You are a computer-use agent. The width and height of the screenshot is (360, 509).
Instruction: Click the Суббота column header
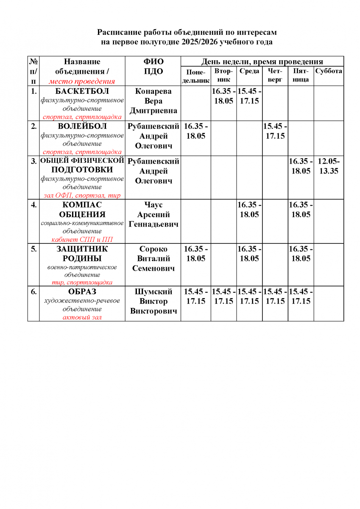click(x=329, y=71)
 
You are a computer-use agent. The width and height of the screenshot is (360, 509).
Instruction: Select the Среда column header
click(x=249, y=71)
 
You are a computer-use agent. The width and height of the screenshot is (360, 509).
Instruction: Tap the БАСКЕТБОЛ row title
click(x=82, y=91)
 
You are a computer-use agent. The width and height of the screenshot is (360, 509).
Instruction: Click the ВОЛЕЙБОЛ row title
click(x=82, y=126)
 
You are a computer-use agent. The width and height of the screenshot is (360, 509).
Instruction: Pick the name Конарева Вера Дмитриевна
click(x=153, y=101)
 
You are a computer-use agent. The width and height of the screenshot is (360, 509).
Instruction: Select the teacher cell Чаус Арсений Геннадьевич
click(x=153, y=214)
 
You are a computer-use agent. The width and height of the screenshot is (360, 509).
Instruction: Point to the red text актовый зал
click(x=82, y=317)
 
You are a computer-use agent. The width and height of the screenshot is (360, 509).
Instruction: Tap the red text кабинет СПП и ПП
click(x=82, y=239)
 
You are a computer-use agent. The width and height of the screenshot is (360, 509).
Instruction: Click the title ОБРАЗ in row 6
click(x=82, y=292)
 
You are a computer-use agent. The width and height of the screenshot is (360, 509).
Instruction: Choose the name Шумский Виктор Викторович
click(x=153, y=302)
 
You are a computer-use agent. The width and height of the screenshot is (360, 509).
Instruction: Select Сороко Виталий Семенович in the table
click(x=153, y=258)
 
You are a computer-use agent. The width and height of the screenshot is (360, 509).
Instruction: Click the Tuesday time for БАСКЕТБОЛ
click(x=223, y=96)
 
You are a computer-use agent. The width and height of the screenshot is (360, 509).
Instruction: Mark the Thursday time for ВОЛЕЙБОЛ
click(x=275, y=131)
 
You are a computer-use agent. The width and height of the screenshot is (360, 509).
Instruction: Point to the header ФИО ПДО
click(x=153, y=66)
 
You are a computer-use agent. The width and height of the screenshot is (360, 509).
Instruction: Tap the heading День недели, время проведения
click(x=262, y=62)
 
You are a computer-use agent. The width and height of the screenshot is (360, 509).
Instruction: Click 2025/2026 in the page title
click(x=199, y=42)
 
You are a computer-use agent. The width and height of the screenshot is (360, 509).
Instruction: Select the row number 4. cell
click(x=33, y=204)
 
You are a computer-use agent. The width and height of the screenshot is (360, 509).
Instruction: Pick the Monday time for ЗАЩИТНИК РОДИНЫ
click(x=195, y=253)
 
